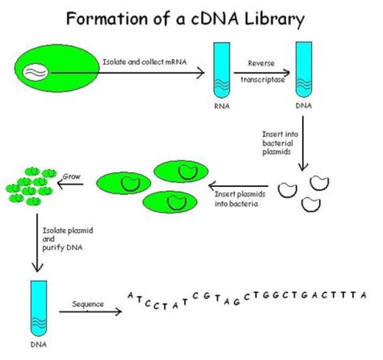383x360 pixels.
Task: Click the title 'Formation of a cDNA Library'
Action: click(185, 20)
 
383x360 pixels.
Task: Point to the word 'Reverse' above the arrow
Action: click(261, 63)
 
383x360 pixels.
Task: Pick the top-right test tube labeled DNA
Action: click(303, 69)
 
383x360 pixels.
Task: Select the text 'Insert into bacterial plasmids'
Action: click(277, 143)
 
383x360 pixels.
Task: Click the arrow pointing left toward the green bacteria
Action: click(242, 186)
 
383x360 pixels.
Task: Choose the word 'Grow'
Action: click(71, 176)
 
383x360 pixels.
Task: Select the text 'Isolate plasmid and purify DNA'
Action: click(63, 239)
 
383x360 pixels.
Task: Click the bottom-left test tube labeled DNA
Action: click(38, 306)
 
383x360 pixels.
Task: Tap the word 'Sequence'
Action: click(88, 304)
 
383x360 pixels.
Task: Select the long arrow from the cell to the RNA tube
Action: click(128, 72)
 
